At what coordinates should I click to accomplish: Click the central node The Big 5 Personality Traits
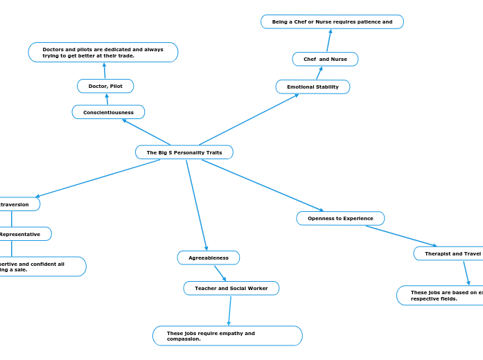click(184, 152)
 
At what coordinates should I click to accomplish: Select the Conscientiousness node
click(108, 112)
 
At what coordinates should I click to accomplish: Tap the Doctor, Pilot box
click(105, 86)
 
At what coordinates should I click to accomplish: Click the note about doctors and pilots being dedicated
click(103, 53)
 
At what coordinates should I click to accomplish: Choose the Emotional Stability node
click(313, 87)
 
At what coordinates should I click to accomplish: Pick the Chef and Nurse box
click(325, 60)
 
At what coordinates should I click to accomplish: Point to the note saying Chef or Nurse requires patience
click(332, 22)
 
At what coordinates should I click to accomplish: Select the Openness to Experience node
click(340, 218)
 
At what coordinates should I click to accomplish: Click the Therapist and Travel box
click(450, 253)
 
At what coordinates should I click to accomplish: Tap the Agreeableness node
click(209, 258)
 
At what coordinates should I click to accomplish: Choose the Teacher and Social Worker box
click(231, 288)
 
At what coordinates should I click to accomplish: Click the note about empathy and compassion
click(227, 336)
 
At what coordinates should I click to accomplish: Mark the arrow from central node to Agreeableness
click(196, 205)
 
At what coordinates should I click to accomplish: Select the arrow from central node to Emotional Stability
click(249, 119)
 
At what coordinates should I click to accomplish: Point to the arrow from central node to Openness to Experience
click(263, 185)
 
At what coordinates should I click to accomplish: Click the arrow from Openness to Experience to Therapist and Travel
click(401, 235)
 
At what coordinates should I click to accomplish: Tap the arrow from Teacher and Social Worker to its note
click(229, 310)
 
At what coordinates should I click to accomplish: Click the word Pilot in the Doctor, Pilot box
click(115, 86)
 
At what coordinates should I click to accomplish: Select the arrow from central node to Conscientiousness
click(146, 132)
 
